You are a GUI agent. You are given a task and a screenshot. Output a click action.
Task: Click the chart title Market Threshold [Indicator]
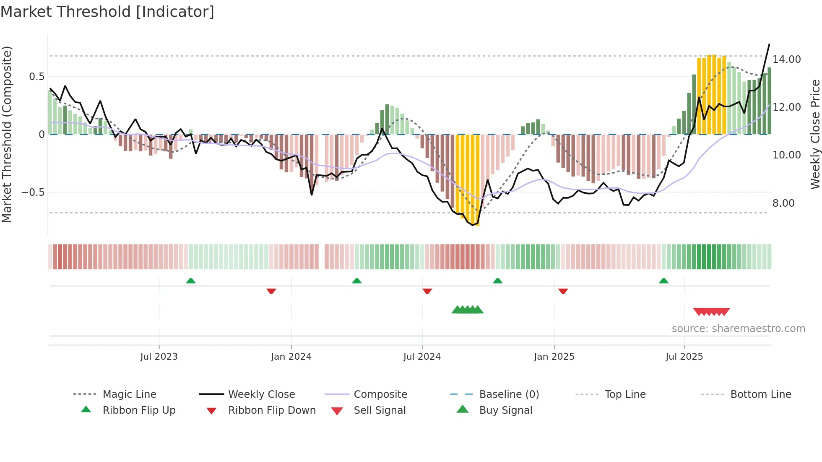(107, 12)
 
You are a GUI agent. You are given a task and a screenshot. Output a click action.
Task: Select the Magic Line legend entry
(129, 395)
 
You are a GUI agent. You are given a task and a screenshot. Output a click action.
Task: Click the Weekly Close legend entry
(261, 395)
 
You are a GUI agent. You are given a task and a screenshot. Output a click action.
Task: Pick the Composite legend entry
(380, 395)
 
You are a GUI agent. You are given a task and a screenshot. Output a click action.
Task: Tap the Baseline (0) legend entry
(509, 395)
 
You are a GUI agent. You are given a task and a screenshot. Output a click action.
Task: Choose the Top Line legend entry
(625, 395)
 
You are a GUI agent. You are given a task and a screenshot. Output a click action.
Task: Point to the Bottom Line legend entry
(760, 395)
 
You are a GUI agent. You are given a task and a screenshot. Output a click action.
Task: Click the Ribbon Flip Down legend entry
(271, 410)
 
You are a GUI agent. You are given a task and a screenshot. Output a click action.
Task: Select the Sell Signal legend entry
(379, 410)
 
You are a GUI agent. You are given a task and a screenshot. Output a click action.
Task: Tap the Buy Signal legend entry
(505, 410)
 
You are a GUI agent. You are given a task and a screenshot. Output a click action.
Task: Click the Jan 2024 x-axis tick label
(291, 357)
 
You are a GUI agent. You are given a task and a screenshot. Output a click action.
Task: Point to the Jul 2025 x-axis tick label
(684, 357)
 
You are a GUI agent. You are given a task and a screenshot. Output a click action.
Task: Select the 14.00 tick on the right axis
(787, 60)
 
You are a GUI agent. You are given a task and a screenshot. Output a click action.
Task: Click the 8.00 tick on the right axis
(783, 203)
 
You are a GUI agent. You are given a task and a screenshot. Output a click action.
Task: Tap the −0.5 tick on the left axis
(33, 192)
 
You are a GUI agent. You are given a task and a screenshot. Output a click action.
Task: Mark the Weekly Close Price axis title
(815, 134)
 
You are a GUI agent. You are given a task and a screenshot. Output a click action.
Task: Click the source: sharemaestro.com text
(738, 329)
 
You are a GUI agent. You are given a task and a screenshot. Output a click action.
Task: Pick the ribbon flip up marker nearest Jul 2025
(663, 281)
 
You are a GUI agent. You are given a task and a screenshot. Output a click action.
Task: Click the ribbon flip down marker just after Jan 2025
(563, 291)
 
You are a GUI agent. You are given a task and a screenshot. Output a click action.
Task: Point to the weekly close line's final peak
(769, 44)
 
